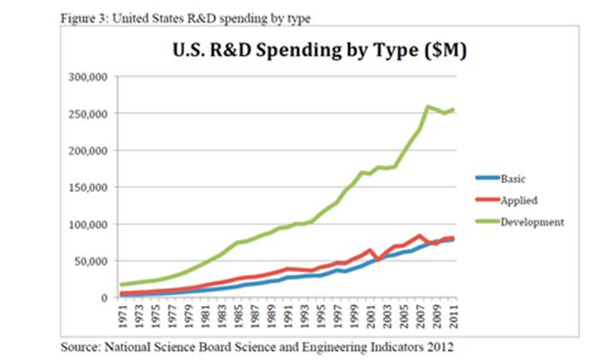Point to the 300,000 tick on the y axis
(85, 77)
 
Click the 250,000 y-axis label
(85, 114)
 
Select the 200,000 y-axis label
(85, 150)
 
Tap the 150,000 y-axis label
(85, 187)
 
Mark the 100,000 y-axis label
(85, 224)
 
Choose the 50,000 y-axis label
(87, 261)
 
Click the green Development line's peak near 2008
(427, 107)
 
